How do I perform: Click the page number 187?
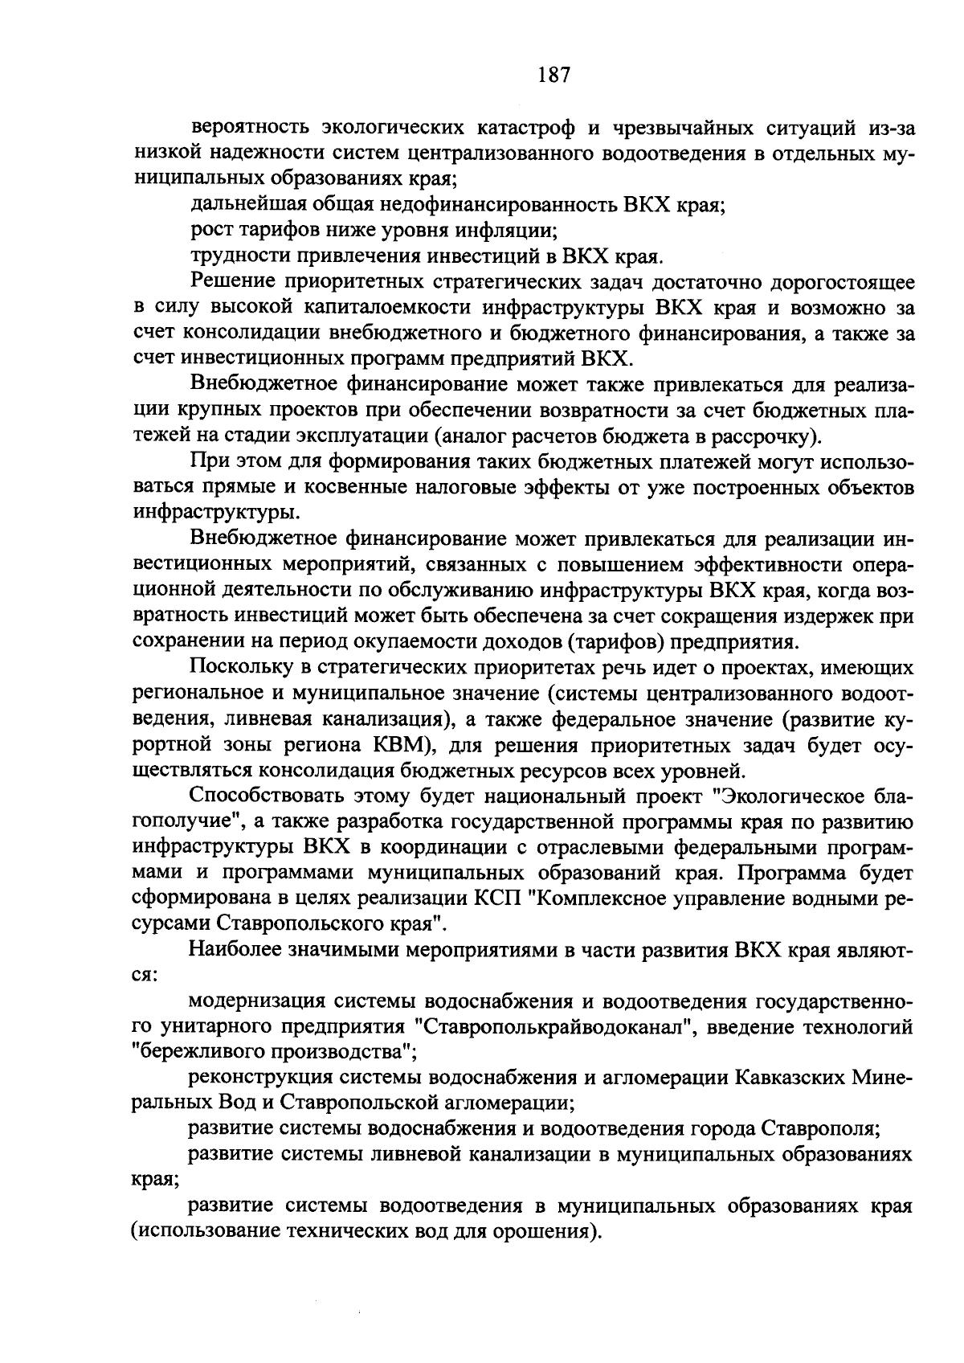pos(553,76)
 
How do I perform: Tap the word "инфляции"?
pos(515,230)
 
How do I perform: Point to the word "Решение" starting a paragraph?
pos(227,281)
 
